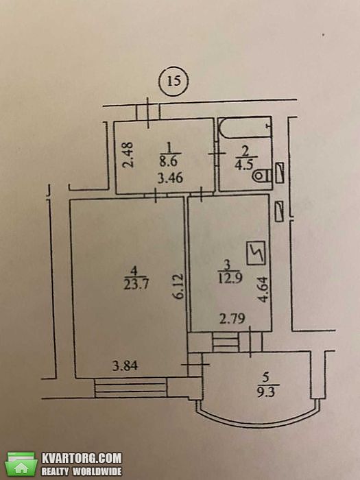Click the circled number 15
click(x=173, y=81)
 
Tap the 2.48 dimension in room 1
click(x=129, y=154)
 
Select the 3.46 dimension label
click(x=171, y=178)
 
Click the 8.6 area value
click(x=169, y=161)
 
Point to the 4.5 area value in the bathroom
click(x=244, y=165)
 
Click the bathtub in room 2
click(x=245, y=127)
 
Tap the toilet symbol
click(x=262, y=176)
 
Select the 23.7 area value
click(x=136, y=285)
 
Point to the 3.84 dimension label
click(x=125, y=365)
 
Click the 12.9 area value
click(x=230, y=278)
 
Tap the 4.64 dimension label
click(x=263, y=289)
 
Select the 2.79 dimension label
click(x=232, y=319)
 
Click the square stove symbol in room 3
click(x=256, y=253)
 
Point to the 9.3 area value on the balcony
click(x=266, y=392)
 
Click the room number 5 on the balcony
click(x=265, y=378)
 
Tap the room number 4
click(x=134, y=271)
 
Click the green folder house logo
click(x=21, y=464)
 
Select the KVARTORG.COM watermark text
click(x=82, y=458)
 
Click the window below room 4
click(x=131, y=387)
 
